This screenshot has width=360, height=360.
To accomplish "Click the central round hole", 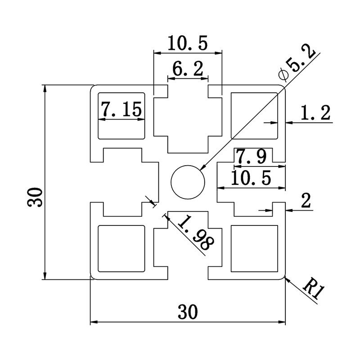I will (188, 182).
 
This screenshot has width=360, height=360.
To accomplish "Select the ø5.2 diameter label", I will (297, 63).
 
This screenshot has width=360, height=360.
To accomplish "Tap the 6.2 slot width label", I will (188, 69).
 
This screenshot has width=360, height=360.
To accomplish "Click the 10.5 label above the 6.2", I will (188, 44).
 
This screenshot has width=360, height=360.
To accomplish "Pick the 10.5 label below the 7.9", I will (251, 179).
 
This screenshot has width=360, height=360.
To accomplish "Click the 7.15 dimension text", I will (121, 109).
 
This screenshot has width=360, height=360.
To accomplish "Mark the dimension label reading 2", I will (306, 201).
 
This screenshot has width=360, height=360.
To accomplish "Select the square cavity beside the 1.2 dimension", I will (253, 115).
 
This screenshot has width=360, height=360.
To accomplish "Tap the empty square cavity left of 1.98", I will (121, 249).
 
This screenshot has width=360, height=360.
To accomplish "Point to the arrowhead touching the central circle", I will (201, 168).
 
